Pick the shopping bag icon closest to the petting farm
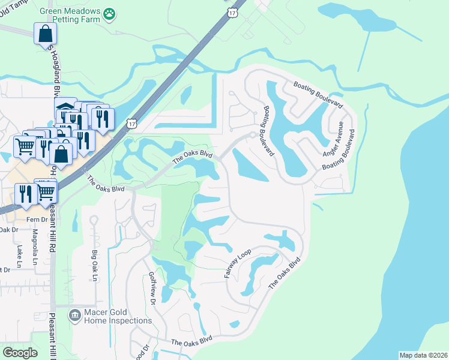46,34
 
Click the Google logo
20,353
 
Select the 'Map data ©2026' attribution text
423,355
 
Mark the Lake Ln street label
19,256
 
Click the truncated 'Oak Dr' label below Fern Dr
8,229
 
